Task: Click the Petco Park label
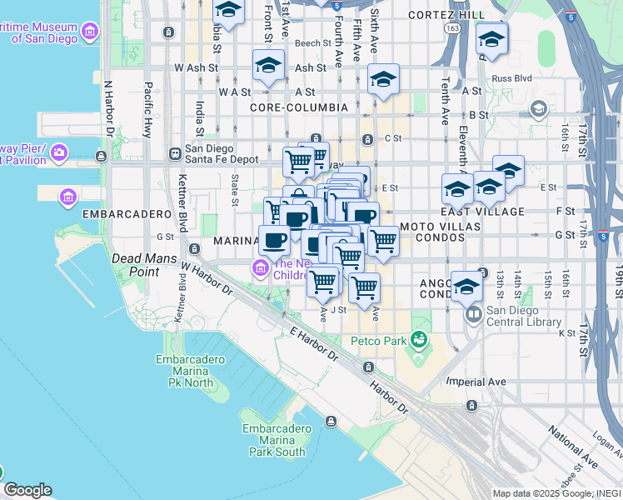point(381,341)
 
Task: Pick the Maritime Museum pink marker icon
point(90,32)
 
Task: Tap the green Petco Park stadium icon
point(418,340)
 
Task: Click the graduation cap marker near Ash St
point(268,65)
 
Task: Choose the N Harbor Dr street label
point(107,108)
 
